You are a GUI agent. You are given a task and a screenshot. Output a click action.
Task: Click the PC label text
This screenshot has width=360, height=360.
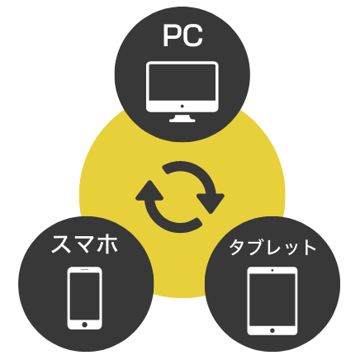coord(182,36)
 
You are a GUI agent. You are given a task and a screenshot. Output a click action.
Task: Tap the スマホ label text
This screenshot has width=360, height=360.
coord(85,244)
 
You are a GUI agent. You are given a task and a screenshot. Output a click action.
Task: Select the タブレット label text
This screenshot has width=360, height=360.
coord(272,247)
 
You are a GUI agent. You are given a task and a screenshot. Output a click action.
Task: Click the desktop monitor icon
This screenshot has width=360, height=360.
coord(182,92)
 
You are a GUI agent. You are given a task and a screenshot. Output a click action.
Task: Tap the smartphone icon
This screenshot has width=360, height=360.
coord(85,298)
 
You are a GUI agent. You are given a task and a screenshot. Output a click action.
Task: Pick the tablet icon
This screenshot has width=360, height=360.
coord(272,301)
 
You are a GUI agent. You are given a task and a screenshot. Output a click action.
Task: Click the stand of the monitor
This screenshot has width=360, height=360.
coord(182,118)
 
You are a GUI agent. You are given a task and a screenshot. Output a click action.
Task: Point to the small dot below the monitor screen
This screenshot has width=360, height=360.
coord(182,107)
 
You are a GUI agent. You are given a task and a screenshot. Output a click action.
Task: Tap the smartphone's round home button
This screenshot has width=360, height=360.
coord(85,324)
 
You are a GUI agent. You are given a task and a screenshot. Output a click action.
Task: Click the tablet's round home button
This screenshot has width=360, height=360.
coord(272,330)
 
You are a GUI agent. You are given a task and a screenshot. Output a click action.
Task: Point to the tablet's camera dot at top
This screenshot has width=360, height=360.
coord(272,270)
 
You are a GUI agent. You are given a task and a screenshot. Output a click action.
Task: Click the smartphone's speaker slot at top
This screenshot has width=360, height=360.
coord(85,269)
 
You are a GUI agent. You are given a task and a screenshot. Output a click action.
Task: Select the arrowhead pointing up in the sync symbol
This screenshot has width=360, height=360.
coord(149,191)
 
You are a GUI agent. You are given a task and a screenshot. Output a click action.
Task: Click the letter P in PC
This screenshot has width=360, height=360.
coord(172,36)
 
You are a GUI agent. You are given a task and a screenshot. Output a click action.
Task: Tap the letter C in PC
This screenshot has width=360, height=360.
coord(192,36)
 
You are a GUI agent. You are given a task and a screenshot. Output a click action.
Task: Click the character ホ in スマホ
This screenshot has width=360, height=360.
coord(108,244)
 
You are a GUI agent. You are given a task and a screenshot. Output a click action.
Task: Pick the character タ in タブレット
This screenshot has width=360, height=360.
coord(238,248)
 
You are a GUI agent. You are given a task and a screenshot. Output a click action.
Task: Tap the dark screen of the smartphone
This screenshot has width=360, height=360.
coord(85,296)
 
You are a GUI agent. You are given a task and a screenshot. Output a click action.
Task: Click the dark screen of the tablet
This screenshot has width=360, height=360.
coord(272,300)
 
